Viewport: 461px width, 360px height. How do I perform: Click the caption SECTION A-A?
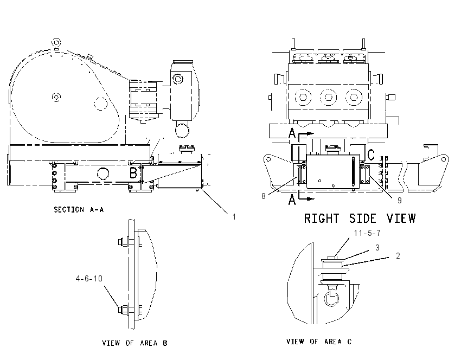coord(79,209)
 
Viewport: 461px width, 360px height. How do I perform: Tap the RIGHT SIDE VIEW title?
coord(360,218)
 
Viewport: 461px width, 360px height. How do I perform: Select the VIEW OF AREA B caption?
coord(135,343)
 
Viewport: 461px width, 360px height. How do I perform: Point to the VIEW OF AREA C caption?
coord(319,342)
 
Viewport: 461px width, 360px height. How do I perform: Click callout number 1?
coord(234,217)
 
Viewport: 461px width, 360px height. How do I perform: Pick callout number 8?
coord(264,196)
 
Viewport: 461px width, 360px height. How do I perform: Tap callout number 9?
coord(400,200)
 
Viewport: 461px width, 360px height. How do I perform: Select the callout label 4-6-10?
coord(89,278)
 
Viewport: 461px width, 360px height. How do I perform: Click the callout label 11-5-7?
coord(367,233)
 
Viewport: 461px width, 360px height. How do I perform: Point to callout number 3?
coord(377,248)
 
